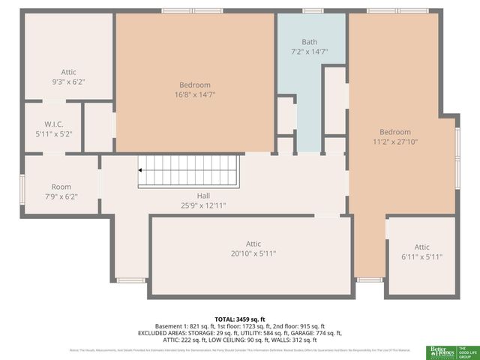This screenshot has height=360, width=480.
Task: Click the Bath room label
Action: tap(310, 42)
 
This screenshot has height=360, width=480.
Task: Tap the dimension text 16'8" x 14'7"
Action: tap(195, 95)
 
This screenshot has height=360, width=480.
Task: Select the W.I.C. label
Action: tap(52, 124)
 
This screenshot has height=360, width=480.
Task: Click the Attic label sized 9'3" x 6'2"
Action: tap(69, 72)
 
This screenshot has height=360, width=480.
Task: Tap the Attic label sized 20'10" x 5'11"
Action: tap(253, 244)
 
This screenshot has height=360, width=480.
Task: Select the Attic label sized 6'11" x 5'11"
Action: tap(422, 247)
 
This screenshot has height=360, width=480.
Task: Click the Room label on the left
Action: tap(61, 187)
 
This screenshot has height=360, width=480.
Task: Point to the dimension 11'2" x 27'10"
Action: tap(394, 142)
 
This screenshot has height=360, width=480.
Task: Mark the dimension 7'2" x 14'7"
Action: tap(310, 52)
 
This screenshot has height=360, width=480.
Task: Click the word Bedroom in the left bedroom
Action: tap(195, 85)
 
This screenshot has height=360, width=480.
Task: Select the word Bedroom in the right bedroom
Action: tap(394, 132)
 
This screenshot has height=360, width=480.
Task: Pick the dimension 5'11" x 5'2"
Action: tap(52, 134)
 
